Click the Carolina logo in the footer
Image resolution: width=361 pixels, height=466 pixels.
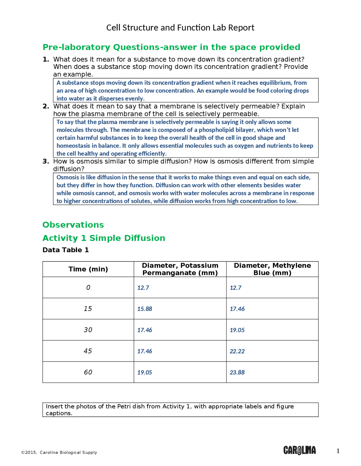tap(299, 450)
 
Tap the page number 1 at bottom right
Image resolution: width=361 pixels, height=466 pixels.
tap(338, 451)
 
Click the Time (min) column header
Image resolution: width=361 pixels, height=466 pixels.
tap(88, 269)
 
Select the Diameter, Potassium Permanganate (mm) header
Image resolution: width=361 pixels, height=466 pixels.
tap(180, 269)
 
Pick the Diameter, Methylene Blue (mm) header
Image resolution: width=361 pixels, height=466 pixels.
tap(272, 269)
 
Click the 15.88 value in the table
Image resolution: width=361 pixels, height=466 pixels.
tap(145, 309)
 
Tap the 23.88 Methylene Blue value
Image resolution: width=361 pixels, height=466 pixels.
tap(237, 372)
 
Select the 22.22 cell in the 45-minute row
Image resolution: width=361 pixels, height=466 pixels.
tap(237, 351)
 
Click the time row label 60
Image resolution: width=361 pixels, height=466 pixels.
tap(88, 372)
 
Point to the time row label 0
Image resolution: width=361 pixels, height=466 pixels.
tap(88, 288)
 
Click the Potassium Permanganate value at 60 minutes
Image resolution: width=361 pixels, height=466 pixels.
tap(145, 372)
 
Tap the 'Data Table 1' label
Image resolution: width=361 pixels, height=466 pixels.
tap(66, 250)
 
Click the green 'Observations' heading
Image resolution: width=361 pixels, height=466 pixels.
tap(73, 225)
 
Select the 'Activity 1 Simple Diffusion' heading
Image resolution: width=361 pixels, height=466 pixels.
tap(104, 238)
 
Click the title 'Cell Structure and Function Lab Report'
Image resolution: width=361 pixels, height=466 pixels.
tap(180, 28)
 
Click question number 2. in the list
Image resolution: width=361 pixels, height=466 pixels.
tap(46, 106)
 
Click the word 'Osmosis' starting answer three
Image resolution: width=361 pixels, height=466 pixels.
tap(68, 177)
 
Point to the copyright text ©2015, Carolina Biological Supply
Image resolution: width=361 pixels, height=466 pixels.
tap(59, 452)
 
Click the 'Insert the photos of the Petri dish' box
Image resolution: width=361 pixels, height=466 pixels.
tap(180, 410)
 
